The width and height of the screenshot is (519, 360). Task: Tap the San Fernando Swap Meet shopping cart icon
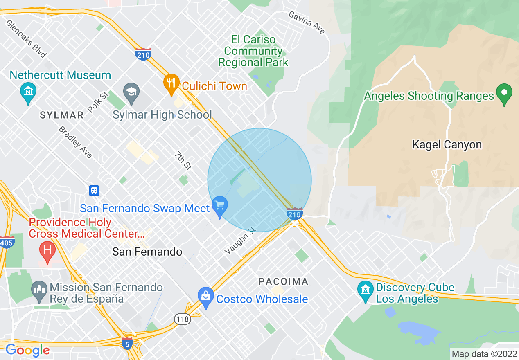tap(220, 206)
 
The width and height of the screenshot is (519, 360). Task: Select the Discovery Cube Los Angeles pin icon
tap(365, 291)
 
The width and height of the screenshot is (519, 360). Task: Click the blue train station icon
tap(94, 190)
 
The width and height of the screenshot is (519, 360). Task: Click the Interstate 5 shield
tap(128, 344)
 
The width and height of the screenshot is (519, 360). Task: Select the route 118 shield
tap(182, 319)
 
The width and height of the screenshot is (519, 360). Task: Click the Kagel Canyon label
tap(447, 145)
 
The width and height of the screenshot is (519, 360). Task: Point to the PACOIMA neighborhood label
tap(283, 281)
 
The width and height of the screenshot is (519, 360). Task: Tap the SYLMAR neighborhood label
tap(61, 115)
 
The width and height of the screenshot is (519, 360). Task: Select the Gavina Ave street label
tap(307, 23)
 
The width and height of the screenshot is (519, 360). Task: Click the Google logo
tap(27, 350)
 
